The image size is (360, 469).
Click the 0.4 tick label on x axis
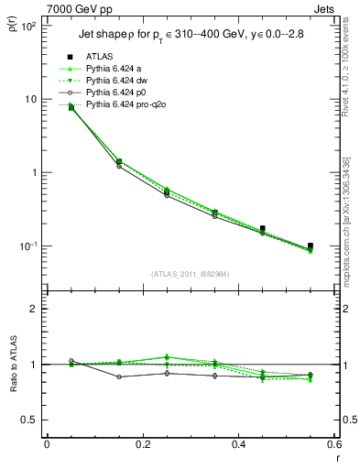[238, 444]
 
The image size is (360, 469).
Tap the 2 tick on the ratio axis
[32, 309]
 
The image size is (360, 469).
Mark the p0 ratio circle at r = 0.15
[118, 376]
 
